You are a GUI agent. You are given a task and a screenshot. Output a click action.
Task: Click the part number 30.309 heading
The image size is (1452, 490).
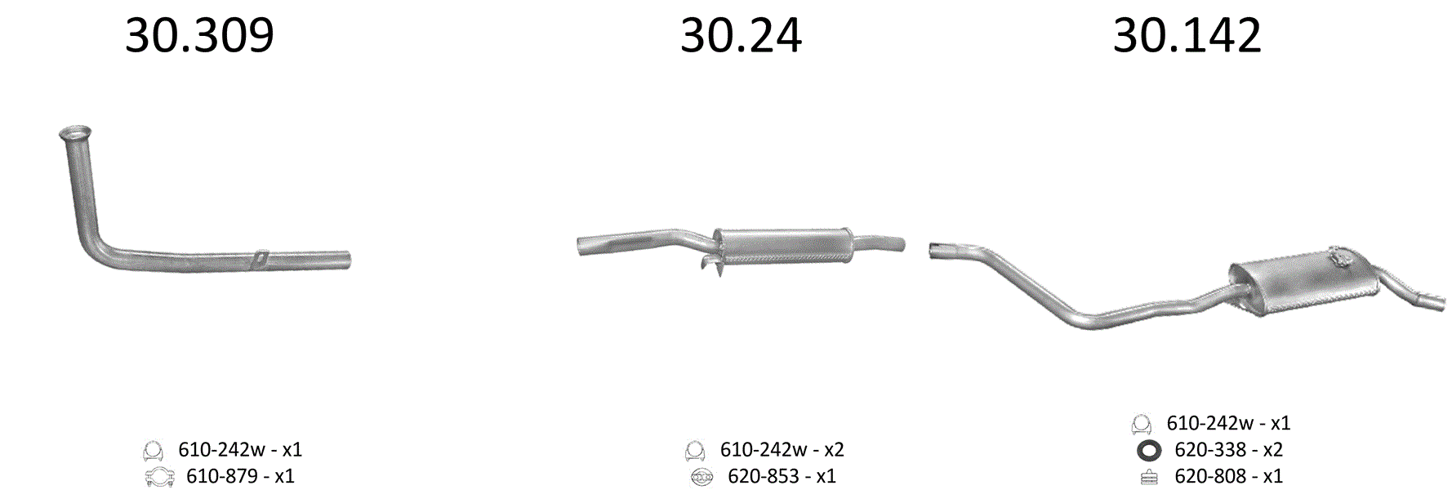[x=199, y=36]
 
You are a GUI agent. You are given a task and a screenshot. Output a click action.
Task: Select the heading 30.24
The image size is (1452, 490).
[x=741, y=36]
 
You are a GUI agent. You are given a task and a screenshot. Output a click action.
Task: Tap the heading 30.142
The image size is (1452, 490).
[x=1187, y=36]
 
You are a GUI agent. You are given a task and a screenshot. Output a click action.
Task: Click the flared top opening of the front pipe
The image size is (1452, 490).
[x=75, y=132]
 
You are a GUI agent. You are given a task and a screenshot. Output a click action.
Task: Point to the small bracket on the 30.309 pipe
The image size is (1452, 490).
[x=260, y=256]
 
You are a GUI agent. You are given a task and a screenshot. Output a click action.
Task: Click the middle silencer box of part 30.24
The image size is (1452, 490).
[x=783, y=245]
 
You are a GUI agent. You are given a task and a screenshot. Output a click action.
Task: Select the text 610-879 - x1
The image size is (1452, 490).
[x=240, y=476]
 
